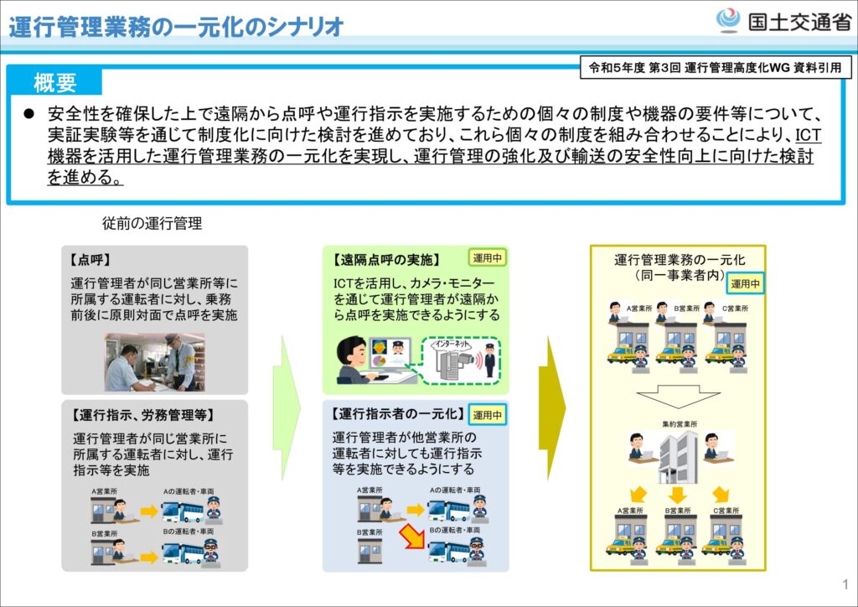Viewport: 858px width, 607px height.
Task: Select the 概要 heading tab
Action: click(55, 82)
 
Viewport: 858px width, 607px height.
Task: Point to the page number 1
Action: click(845, 584)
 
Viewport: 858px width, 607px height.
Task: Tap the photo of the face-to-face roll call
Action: click(154, 362)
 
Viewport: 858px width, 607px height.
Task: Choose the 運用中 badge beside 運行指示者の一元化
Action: click(488, 414)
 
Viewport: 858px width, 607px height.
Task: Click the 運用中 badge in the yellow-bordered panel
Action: click(745, 283)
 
